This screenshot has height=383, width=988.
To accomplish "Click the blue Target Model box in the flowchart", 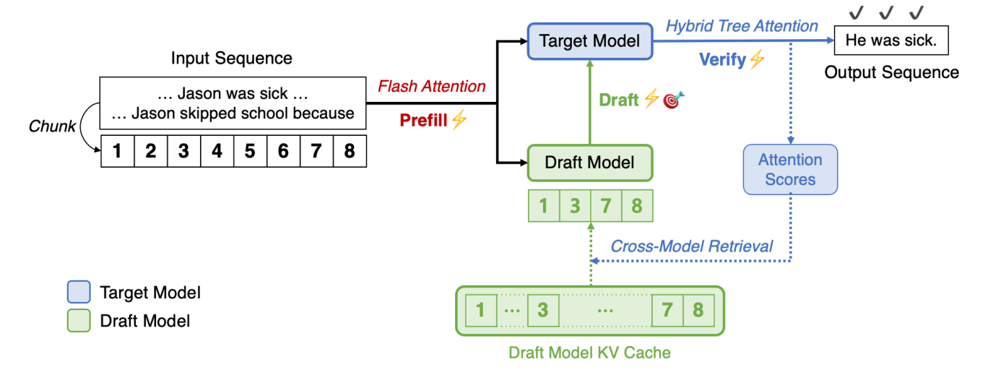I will [589, 41].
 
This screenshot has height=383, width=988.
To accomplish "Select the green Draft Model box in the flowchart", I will [589, 162].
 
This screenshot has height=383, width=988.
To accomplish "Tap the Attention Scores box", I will [790, 170].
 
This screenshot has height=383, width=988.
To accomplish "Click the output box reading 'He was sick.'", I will [890, 41].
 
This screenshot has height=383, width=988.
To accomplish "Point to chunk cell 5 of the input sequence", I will [250, 152].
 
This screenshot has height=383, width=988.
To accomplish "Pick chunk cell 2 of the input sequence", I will [150, 152].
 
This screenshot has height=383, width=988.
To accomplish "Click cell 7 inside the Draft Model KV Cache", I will [667, 311].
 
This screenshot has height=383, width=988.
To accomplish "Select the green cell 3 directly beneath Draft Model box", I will [575, 206].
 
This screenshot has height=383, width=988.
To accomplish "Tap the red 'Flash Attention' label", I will [432, 87].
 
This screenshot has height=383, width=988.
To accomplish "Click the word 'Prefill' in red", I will [424, 121].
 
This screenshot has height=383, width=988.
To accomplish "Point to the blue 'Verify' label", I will [722, 60].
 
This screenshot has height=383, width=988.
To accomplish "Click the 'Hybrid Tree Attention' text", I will [742, 27].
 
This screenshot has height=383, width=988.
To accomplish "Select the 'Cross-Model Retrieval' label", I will [691, 246].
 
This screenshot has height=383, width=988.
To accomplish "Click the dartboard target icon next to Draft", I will [673, 100].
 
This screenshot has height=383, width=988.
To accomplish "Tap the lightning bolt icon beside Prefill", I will [459, 121].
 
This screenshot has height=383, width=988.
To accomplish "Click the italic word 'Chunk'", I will [52, 126].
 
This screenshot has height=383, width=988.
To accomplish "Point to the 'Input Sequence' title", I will [231, 59].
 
